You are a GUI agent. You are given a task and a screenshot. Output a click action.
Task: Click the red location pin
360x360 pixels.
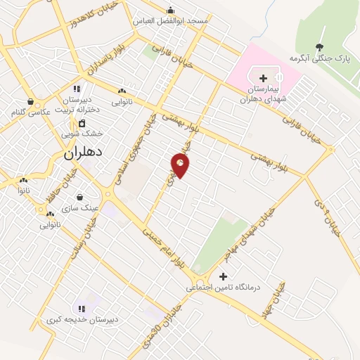pos(181,166)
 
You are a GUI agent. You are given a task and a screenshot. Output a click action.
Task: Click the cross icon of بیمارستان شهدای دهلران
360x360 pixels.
pos(263,78)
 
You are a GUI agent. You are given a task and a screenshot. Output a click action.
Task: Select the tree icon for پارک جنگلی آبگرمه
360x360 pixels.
pos(321,47)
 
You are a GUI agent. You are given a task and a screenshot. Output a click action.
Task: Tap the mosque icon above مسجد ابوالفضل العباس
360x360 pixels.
pos(170,10)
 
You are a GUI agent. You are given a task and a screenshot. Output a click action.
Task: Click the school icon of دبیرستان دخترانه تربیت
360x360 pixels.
pos(77,89)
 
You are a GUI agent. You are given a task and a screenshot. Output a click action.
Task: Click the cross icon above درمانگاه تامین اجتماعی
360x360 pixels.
pos(224,276)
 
